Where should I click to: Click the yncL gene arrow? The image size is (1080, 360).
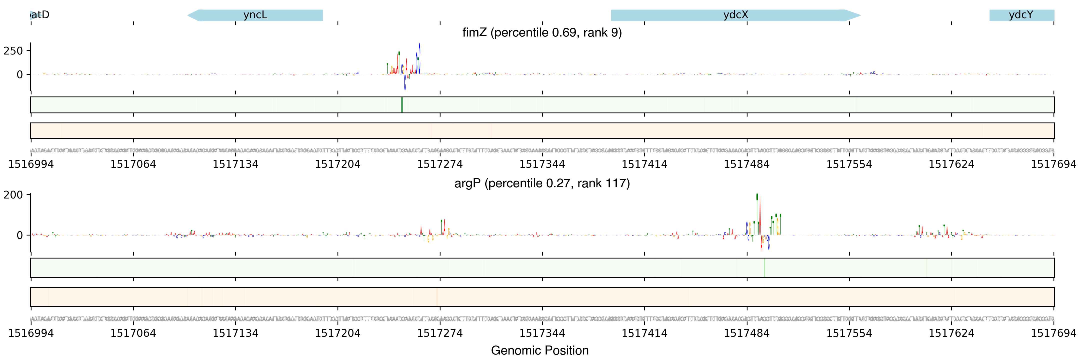click(255, 15)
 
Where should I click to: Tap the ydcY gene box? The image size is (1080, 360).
click(1021, 15)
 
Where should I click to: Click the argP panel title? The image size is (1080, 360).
click(542, 183)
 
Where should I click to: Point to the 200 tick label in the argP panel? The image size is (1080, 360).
click(13, 195)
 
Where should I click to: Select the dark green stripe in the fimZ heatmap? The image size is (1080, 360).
click(402, 105)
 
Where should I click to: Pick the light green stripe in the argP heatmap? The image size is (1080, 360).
click(764, 267)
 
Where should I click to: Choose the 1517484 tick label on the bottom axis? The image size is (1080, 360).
click(747, 333)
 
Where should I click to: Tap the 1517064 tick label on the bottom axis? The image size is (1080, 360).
click(133, 333)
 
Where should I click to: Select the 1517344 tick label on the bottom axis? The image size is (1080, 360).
click(542, 333)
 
